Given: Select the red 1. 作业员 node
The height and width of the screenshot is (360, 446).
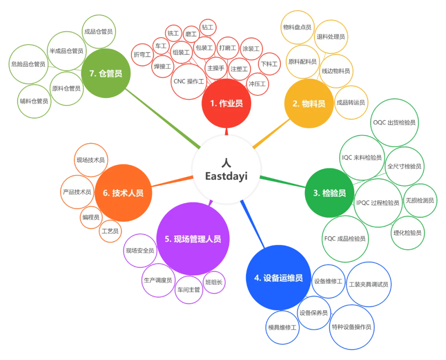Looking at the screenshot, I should pos(226,104).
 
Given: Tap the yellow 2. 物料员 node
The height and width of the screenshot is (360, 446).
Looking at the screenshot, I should pos(308,104).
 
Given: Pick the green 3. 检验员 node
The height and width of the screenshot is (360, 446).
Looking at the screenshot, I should pos(329,193).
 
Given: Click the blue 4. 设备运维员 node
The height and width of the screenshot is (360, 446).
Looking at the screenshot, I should pos(278,278).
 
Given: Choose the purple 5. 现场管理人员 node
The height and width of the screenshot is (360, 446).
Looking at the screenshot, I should pos(192,239).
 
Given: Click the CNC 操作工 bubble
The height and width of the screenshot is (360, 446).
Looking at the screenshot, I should pos(189,81).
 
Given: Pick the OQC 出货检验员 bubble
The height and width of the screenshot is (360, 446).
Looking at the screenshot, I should pos(395,122).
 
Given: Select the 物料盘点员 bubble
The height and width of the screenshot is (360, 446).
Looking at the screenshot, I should pos(297,27).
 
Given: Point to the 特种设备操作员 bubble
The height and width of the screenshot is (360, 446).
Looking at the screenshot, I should pos(351,327).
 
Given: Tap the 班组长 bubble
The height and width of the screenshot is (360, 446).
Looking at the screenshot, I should pos(214,282).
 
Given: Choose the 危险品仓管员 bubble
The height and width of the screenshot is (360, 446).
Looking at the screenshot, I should pos(28,64).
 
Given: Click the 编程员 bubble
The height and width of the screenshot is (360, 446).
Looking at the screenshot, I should pos(90,217).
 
